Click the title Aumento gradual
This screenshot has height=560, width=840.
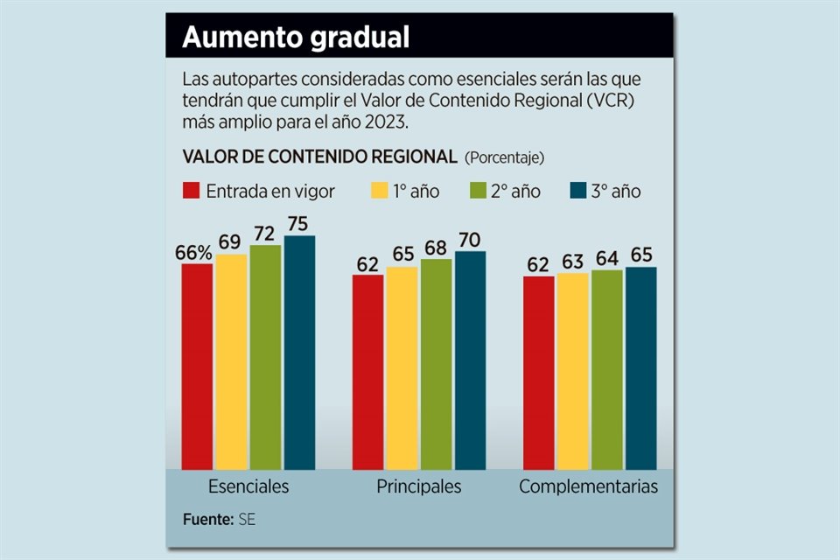pyautogui.click(x=296, y=38)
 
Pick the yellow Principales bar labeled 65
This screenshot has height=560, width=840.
pyautogui.click(x=402, y=367)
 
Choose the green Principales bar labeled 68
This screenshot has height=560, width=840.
pyautogui.click(x=436, y=364)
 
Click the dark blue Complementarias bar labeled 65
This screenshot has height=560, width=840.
pyautogui.click(x=640, y=367)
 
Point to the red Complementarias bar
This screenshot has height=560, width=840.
pyautogui.click(x=538, y=372)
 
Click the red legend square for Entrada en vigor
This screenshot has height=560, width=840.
pyautogui.click(x=192, y=191)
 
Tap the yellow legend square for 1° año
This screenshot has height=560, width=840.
pyautogui.click(x=379, y=191)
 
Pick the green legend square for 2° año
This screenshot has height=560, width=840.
pyautogui.click(x=479, y=191)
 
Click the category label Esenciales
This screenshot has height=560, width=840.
pyautogui.click(x=248, y=486)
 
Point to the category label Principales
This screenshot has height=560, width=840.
pyautogui.click(x=418, y=486)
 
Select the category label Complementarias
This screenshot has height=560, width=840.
pyautogui.click(x=589, y=486)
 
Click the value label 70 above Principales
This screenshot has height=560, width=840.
pyautogui.click(x=469, y=240)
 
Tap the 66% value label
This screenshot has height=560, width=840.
pyautogui.click(x=193, y=252)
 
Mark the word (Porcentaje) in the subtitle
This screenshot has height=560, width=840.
pyautogui.click(x=504, y=157)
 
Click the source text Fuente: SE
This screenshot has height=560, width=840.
pyautogui.click(x=220, y=519)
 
